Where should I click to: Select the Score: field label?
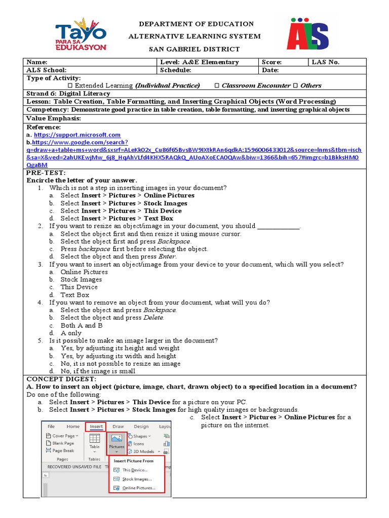(271, 62)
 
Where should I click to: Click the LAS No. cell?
(326, 62)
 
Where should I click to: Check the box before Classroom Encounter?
(217, 85)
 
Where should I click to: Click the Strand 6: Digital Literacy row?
(68, 94)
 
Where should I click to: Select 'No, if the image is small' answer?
(98, 371)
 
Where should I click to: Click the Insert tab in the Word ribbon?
(96, 426)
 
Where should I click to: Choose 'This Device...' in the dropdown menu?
(134, 470)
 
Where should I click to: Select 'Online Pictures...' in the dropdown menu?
(138, 488)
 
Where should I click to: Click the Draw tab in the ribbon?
(118, 426)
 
